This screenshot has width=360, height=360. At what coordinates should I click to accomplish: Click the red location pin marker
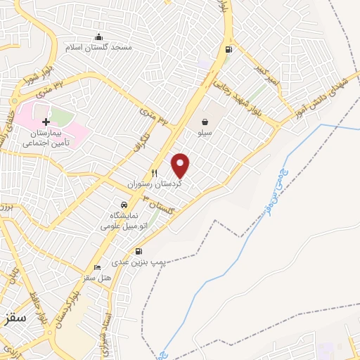(x=181, y=165)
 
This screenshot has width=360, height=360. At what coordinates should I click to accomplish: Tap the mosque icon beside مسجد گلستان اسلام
(x=98, y=37)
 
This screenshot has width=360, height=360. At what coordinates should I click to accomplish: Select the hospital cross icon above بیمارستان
(x=46, y=122)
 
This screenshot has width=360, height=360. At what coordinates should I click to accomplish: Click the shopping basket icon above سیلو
(x=205, y=121)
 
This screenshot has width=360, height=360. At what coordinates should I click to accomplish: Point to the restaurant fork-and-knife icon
(x=155, y=173)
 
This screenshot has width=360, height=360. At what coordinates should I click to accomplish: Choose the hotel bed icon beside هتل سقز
(x=97, y=267)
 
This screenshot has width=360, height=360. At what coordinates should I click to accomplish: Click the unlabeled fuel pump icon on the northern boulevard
(x=228, y=49)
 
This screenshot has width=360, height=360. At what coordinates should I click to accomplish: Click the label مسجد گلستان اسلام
(x=117, y=47)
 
